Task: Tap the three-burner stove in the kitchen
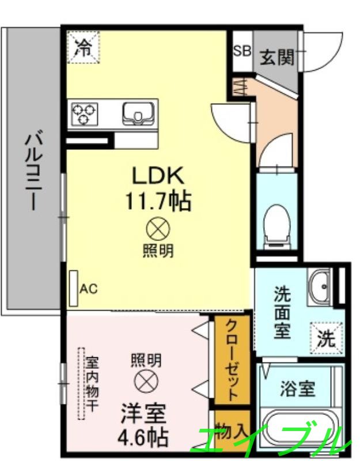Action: [84, 113]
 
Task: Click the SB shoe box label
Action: [242, 51]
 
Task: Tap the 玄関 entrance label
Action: [277, 56]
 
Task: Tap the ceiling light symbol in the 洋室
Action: [144, 381]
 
